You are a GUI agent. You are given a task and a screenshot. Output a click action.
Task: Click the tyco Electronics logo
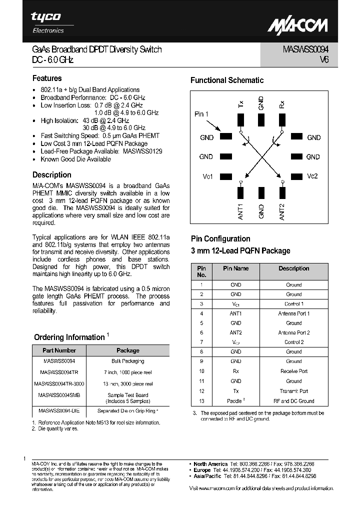click(47, 22)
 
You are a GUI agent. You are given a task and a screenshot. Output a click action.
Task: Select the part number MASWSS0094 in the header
click(302, 50)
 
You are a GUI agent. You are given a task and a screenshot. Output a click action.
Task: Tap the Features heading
click(47, 78)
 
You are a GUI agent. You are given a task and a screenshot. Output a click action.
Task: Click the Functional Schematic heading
click(227, 80)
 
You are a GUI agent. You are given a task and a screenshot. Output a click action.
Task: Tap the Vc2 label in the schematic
click(312, 176)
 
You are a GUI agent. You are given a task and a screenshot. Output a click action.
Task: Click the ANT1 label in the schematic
click(240, 211)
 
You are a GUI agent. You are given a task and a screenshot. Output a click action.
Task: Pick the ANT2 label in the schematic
click(282, 211)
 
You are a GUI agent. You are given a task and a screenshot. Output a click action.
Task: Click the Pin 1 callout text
click(201, 114)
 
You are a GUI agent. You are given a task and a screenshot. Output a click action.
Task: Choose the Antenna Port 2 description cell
click(293, 332)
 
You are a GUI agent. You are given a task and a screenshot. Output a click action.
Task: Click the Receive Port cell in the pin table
click(293, 371)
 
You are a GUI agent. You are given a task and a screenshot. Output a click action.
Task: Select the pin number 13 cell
click(201, 400)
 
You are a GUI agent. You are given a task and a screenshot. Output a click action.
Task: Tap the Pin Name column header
click(235, 268)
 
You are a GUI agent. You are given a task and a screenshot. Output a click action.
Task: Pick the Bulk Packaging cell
click(127, 361)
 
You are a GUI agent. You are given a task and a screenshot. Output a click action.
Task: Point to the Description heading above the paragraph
click(51, 175)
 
